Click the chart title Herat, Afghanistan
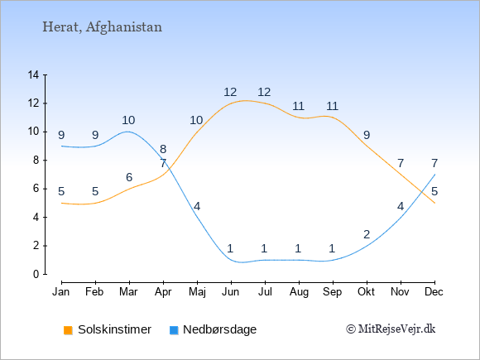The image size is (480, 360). point(102,27)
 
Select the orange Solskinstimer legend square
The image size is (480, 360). point(68,330)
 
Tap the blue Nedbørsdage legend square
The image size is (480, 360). point(174,330)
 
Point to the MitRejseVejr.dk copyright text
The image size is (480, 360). point(391,329)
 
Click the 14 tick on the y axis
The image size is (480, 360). point(33,74)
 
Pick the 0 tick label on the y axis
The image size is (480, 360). point(36,274)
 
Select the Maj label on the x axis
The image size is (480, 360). point(197,292)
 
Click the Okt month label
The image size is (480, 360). point(366,292)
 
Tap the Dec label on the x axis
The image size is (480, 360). point(434,292)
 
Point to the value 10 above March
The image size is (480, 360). point(128,120)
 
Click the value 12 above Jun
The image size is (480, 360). point(230,92)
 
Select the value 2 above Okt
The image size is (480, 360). point(367,234)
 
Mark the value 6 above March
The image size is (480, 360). point(129,177)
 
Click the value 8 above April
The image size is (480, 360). point(163,149)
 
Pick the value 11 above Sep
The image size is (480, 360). point(332,106)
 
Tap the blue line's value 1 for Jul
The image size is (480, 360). point(264,248)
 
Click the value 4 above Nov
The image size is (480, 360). point(401,207)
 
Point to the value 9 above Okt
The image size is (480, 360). point(367,135)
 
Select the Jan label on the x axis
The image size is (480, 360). point(61,292)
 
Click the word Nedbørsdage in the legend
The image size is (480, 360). point(220,329)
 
